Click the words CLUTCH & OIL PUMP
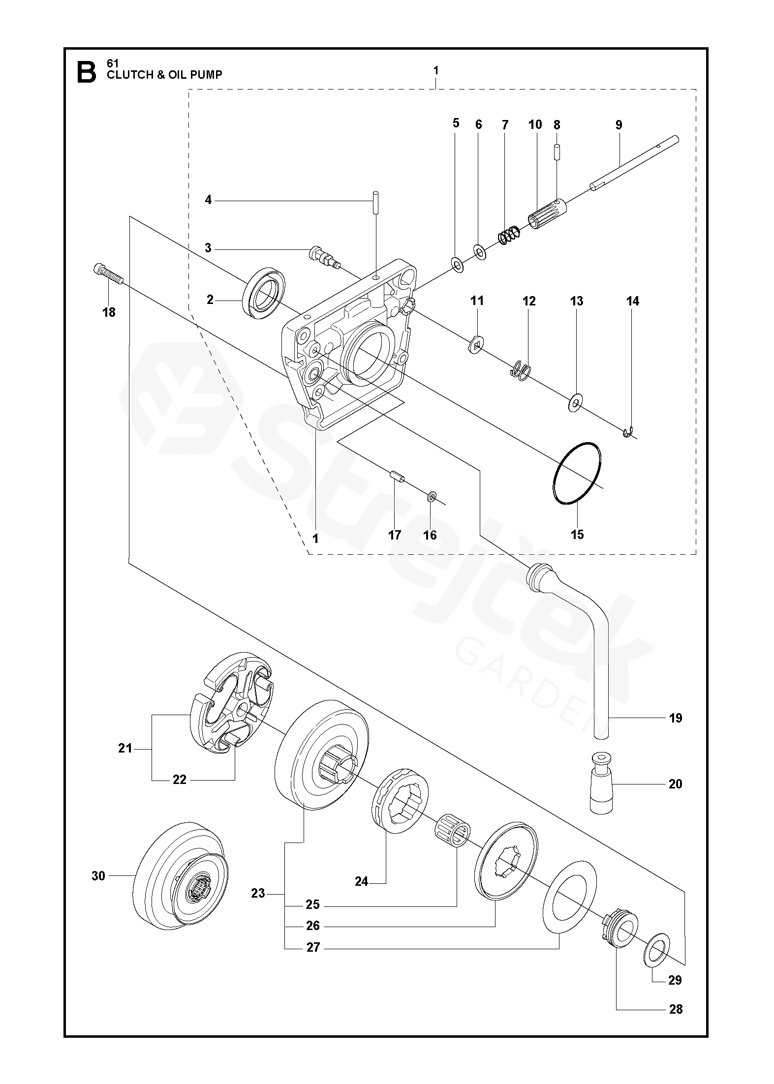pos(164,75)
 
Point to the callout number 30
pos(98,876)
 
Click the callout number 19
pos(676,718)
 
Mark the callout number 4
pos(208,200)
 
